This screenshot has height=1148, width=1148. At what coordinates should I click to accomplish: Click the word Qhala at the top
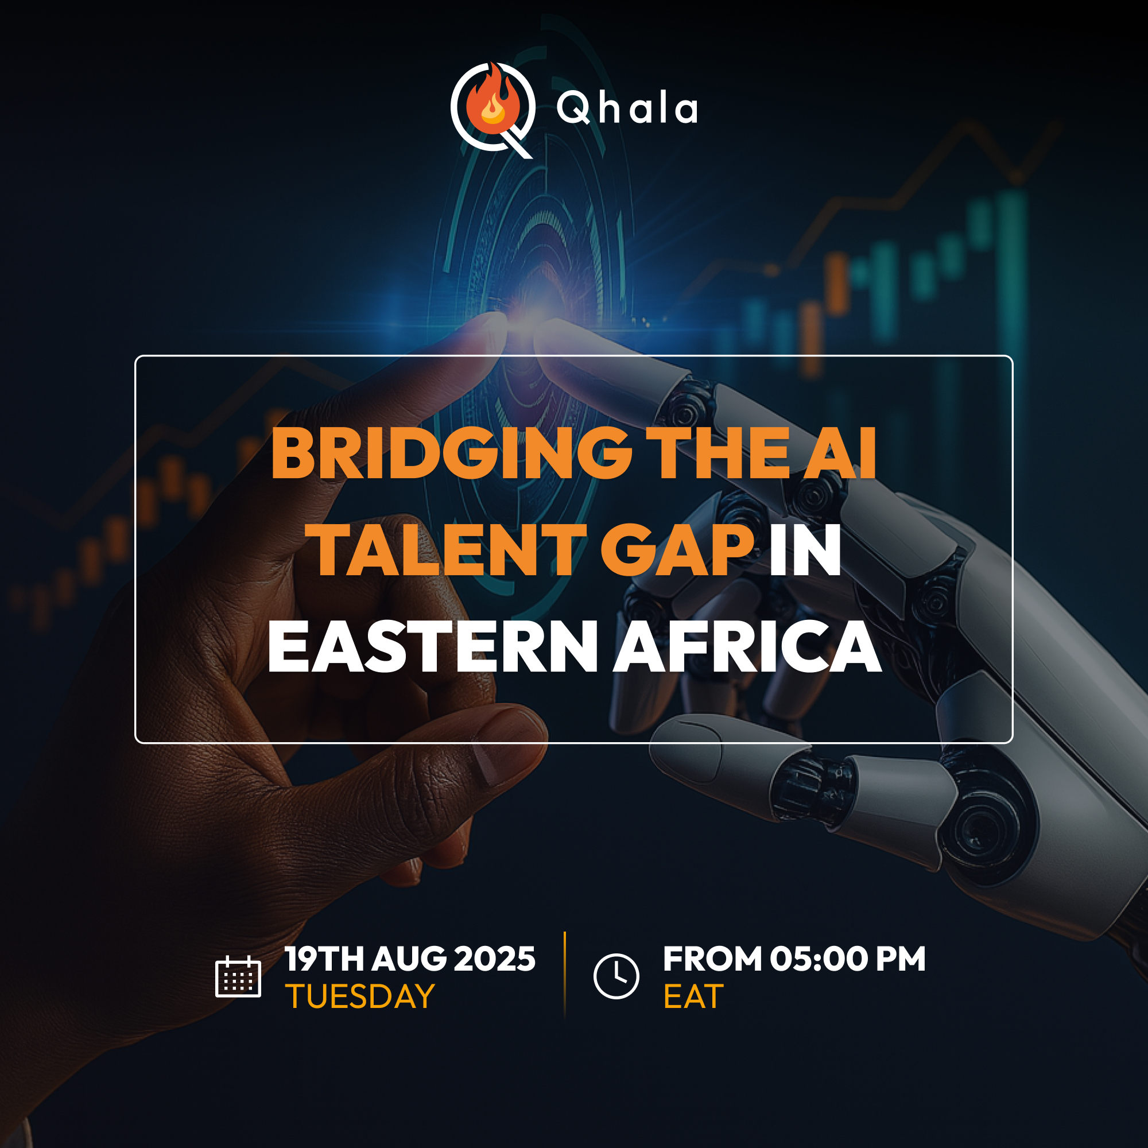[x=627, y=109]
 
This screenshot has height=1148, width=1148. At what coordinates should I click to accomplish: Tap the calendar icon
[x=238, y=976]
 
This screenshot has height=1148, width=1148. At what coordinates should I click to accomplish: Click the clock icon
[x=616, y=976]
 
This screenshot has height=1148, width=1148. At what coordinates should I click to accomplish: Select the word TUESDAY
[x=360, y=996]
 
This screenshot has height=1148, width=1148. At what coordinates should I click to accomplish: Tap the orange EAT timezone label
[x=693, y=996]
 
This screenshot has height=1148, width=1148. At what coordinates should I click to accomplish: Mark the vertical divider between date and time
[x=564, y=975]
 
